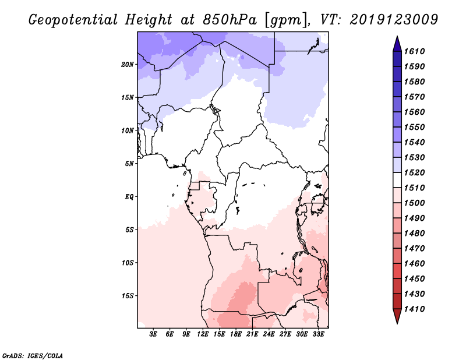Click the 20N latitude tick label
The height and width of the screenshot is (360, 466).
[x=128, y=64]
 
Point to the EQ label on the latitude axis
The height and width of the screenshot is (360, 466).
[x=129, y=197]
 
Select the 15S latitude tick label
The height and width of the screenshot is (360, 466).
[x=128, y=295]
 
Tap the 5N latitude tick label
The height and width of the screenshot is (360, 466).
[x=129, y=164]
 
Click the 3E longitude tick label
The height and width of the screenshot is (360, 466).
[x=154, y=334]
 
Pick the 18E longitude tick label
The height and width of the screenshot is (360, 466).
[x=236, y=334]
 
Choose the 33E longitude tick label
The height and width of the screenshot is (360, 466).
[x=318, y=334]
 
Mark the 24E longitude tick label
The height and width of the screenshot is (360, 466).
[x=269, y=334]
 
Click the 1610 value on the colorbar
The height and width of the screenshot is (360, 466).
[x=416, y=51]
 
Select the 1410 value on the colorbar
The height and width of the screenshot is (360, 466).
[x=416, y=309]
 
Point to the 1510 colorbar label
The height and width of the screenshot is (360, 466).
[x=416, y=188]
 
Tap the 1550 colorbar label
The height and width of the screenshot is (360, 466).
[x=416, y=127]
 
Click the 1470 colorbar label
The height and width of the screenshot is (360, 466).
[x=416, y=248]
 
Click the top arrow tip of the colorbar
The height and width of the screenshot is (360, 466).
[x=397, y=37]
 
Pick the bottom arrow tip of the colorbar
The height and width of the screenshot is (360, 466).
[x=397, y=322]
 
